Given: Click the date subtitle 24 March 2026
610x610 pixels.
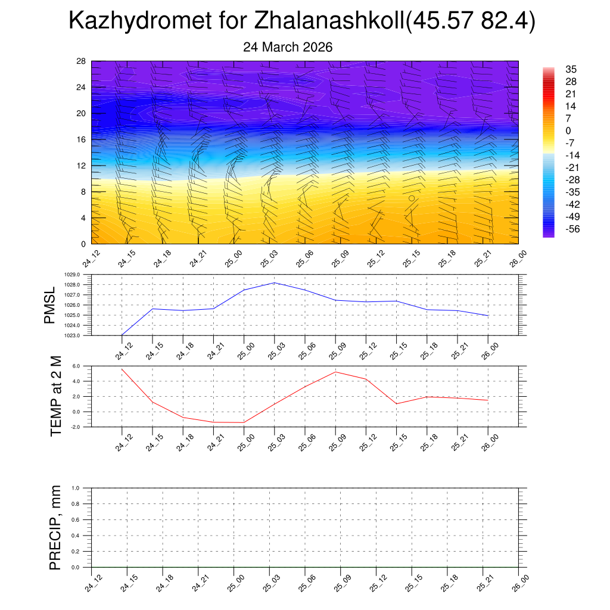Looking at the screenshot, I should [x=288, y=47].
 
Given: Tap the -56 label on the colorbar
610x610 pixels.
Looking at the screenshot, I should [x=571, y=229].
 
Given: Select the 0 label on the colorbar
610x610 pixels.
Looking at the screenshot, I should [x=568, y=130].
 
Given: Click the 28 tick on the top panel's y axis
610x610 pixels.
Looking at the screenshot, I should [x=81, y=61].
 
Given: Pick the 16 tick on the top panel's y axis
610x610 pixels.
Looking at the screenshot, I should [x=81, y=139].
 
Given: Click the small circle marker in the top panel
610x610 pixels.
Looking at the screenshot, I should [x=412, y=198].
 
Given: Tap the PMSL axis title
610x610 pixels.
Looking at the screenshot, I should [x=49, y=305].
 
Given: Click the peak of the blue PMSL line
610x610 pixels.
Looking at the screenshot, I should [x=274, y=282].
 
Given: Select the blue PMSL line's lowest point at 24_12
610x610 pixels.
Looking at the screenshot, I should [x=122, y=335].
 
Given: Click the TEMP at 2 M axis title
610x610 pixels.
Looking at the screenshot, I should [x=56, y=396].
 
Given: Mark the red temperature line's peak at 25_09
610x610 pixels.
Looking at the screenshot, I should [x=335, y=372].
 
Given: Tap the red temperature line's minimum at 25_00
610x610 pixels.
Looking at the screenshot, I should [x=244, y=422].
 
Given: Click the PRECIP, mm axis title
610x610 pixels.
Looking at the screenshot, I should [x=55, y=527].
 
